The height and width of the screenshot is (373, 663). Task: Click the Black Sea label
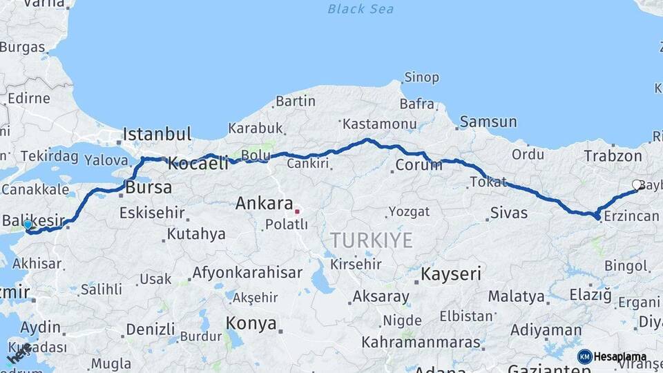click(361, 9)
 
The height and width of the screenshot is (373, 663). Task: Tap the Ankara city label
click(265, 204)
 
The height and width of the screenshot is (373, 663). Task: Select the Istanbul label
click(157, 134)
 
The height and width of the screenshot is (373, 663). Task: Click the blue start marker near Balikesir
click(28, 224)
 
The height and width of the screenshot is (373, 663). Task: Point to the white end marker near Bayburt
click(637, 185)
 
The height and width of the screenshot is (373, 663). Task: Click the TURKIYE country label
click(372, 240)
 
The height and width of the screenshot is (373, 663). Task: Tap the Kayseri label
click(451, 274)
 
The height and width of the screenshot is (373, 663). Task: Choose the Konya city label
click(251, 323)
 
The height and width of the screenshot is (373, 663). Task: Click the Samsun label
click(488, 122)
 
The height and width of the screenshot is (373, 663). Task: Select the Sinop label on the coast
click(421, 77)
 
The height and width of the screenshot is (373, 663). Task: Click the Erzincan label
click(631, 217)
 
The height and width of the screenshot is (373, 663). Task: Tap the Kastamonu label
click(380, 124)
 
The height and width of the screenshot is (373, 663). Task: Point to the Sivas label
click(509, 213)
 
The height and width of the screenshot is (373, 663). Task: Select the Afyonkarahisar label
click(247, 273)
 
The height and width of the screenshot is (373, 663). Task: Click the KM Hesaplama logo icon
click(585, 356)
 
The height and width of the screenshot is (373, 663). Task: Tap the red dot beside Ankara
click(297, 211)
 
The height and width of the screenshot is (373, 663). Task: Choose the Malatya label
click(517, 297)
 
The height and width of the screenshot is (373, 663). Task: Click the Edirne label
click(28, 98)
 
